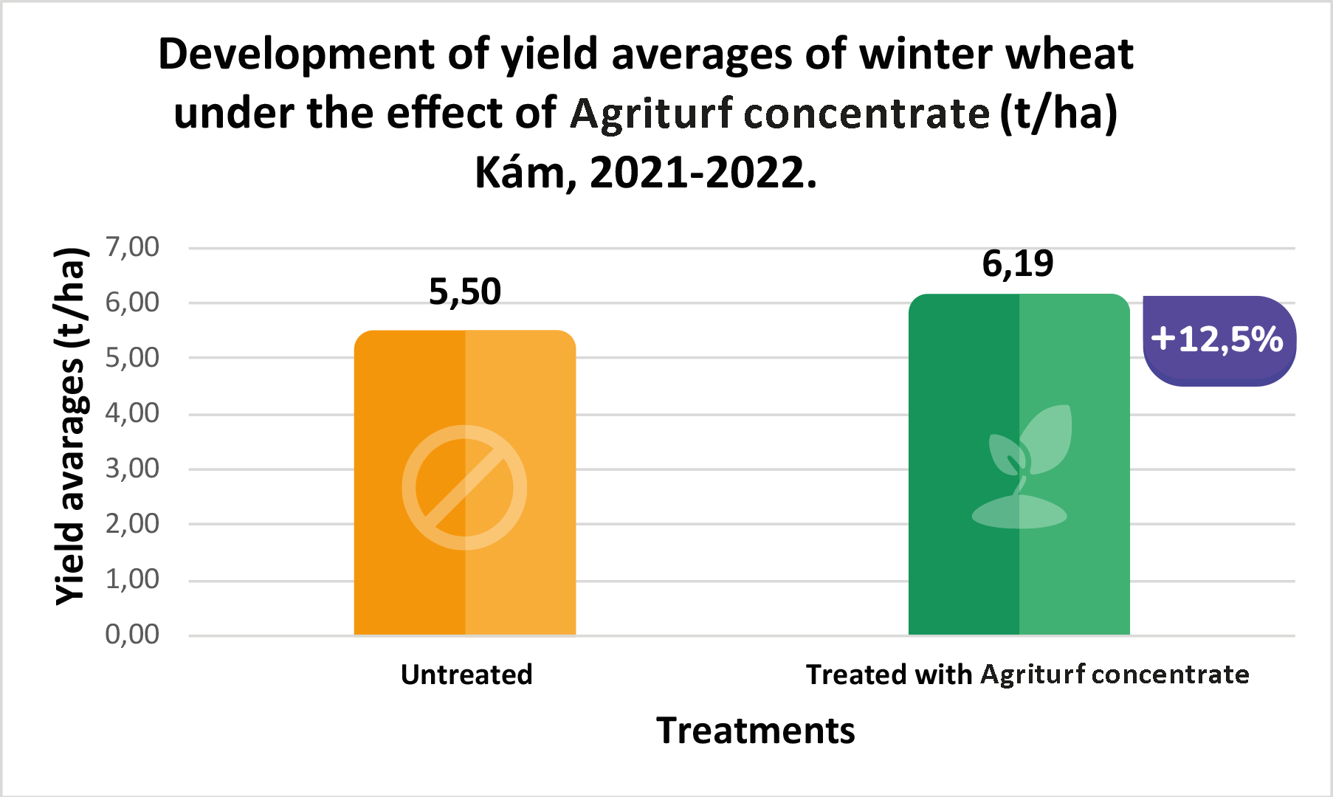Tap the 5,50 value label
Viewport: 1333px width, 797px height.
(x=465, y=292)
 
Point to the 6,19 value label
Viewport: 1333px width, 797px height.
(x=1018, y=263)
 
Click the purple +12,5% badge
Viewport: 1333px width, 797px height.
(x=1219, y=340)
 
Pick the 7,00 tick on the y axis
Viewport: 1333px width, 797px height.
(x=132, y=247)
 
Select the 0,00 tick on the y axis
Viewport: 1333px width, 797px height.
(x=132, y=635)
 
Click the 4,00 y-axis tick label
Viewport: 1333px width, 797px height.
(x=132, y=413)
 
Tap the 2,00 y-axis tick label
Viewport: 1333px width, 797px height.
(x=132, y=524)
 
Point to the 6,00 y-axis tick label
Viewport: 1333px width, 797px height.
(x=132, y=303)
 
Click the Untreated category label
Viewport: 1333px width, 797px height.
(x=466, y=674)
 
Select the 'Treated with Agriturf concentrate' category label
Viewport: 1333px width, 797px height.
(x=1027, y=674)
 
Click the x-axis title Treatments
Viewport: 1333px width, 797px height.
(x=756, y=731)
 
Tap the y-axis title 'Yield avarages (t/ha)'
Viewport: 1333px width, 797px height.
(x=72, y=427)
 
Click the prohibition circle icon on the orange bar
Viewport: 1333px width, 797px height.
(x=464, y=487)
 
